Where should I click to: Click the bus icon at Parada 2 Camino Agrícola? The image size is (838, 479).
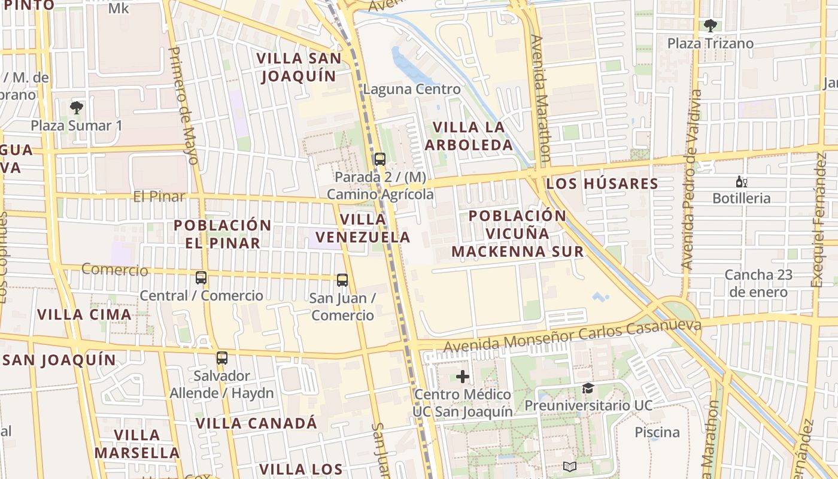point(379,159)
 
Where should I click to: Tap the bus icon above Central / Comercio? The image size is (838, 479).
point(201,278)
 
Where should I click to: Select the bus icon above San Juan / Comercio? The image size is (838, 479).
point(342,280)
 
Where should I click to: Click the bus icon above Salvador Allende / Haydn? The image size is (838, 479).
point(222,358)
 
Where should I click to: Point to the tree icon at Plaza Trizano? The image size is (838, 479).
point(711,26)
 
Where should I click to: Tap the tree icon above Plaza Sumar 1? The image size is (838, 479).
point(76,108)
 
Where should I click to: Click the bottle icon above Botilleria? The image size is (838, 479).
point(741,182)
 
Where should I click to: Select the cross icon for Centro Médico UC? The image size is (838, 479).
point(463,377)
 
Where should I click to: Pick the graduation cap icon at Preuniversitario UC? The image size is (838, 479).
point(588,388)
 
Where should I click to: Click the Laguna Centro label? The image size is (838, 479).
point(412,89)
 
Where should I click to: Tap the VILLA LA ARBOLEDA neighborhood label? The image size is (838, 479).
point(469,136)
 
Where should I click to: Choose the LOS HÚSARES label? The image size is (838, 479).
point(602,183)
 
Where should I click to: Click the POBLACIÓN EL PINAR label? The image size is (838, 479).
point(223,234)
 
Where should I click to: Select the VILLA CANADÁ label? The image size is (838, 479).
point(256,423)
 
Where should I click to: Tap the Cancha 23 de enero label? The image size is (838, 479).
point(758,283)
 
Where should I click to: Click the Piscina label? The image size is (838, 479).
point(657,432)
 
